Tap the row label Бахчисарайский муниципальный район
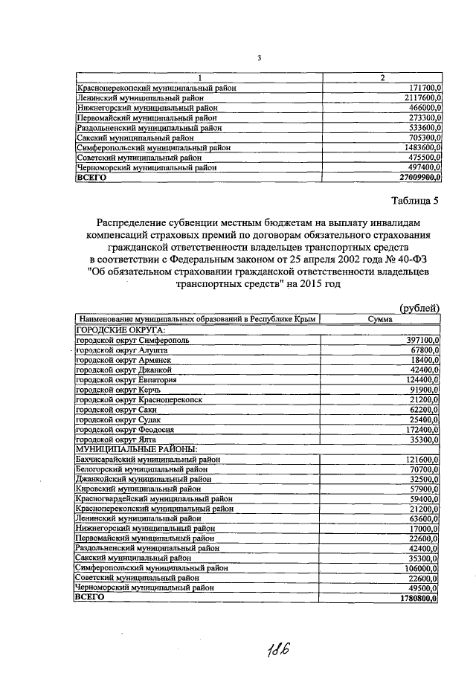pos(146,461)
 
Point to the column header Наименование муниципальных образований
pos(164,319)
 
